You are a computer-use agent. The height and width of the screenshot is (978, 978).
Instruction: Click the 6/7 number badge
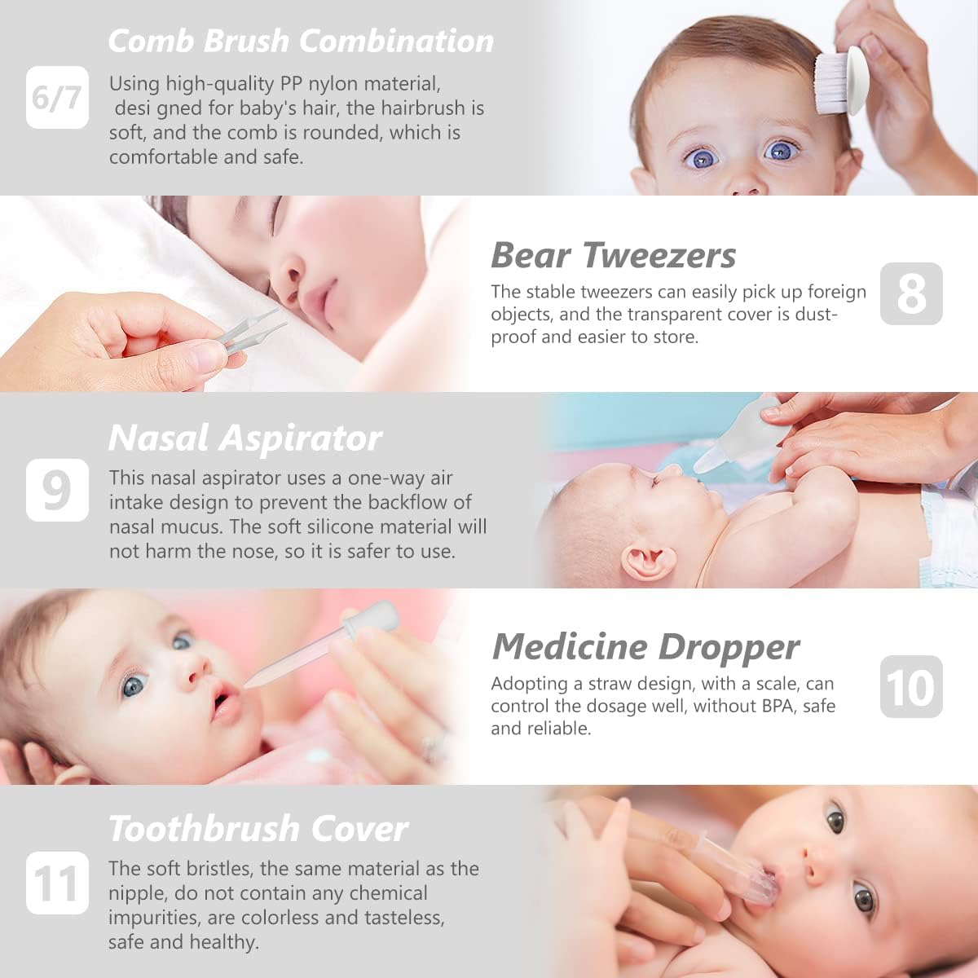(57, 98)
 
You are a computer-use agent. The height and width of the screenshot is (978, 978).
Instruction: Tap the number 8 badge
(911, 294)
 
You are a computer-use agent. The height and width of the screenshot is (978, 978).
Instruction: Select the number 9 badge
(57, 490)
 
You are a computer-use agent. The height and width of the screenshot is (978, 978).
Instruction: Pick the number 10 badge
(911, 687)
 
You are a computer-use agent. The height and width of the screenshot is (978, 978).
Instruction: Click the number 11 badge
(57, 883)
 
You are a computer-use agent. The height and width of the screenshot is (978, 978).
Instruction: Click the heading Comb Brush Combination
(301, 41)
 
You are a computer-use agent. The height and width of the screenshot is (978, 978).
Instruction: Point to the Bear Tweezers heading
(613, 255)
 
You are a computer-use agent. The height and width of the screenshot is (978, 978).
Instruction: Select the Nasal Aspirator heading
(244, 438)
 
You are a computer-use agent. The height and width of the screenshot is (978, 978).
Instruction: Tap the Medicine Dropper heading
(645, 647)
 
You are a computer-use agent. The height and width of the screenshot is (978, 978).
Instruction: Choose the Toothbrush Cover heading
(258, 829)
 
